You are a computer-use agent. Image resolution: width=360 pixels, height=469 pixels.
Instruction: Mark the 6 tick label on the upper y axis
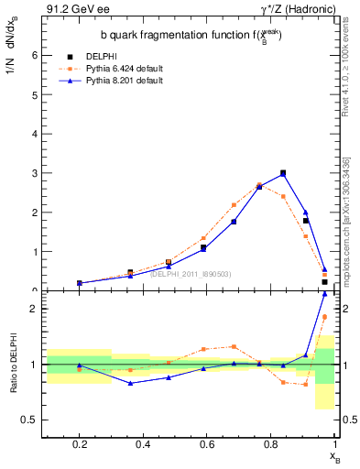click(x=33, y=55)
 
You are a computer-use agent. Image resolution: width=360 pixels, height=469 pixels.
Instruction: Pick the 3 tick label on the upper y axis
click(x=33, y=172)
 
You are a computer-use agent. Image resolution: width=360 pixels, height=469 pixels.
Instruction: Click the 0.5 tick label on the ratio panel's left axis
click(x=29, y=420)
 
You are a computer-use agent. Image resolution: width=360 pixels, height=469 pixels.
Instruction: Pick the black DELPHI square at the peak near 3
click(x=283, y=172)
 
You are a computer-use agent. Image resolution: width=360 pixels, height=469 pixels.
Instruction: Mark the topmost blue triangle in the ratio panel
click(x=324, y=319)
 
